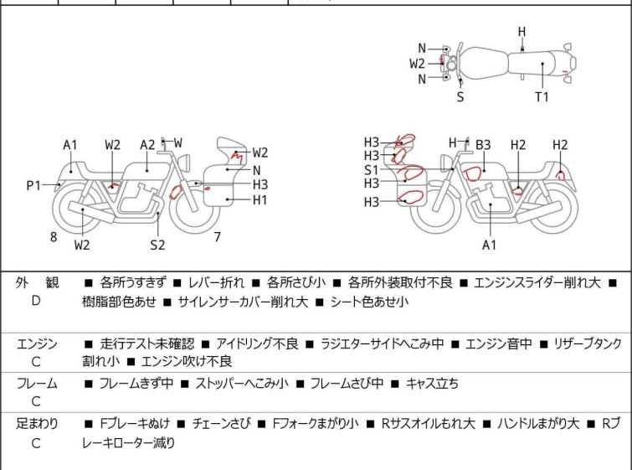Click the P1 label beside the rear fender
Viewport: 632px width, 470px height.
[33, 185]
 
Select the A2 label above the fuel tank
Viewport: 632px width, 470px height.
[147, 144]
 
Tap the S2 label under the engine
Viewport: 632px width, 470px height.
[157, 245]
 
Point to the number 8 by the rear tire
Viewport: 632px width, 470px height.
[54, 237]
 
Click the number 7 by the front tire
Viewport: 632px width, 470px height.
[217, 237]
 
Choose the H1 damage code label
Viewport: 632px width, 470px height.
[260, 199]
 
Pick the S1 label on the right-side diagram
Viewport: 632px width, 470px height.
[371, 169]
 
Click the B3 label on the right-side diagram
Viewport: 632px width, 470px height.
[483, 145]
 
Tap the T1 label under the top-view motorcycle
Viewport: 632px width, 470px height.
[542, 96]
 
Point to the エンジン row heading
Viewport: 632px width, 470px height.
[37, 343]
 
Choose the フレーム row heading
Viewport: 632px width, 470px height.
[37, 384]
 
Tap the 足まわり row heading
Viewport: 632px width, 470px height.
[37, 424]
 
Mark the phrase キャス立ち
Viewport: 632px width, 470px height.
[432, 384]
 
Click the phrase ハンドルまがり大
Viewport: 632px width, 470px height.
[539, 424]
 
